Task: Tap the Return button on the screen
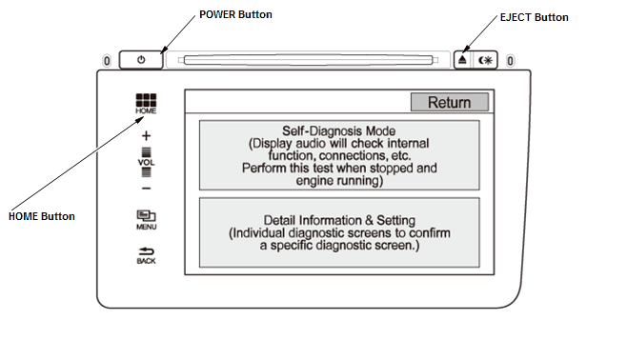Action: [x=450, y=102]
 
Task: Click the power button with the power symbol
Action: [x=141, y=60]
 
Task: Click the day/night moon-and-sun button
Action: [x=485, y=60]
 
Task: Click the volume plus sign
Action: [x=147, y=136]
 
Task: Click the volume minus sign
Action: [x=147, y=189]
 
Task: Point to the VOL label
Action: [x=147, y=163]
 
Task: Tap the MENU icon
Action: [x=147, y=220]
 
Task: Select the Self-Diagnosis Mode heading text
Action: [x=338, y=131]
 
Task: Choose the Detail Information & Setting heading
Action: [x=339, y=220]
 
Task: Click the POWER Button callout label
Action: [x=235, y=14]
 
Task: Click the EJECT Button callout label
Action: [x=535, y=17]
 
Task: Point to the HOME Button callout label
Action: [x=42, y=216]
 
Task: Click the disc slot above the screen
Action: [x=308, y=60]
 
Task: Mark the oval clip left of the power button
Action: [x=107, y=61]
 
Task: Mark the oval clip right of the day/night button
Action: [x=510, y=61]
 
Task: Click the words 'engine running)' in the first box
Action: [x=339, y=181]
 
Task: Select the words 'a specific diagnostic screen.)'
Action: [x=339, y=246]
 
